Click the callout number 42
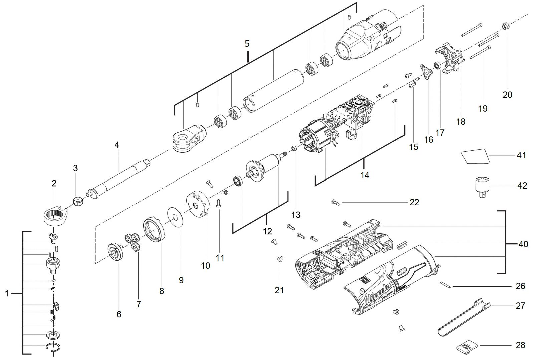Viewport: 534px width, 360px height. pyautogui.click(x=522, y=186)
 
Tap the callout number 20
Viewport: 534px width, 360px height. pyautogui.click(x=508, y=95)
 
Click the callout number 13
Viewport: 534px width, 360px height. pyautogui.click(x=296, y=215)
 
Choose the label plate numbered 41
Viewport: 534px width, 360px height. pyautogui.click(x=475, y=156)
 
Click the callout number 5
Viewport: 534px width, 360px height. pyautogui.click(x=247, y=44)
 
